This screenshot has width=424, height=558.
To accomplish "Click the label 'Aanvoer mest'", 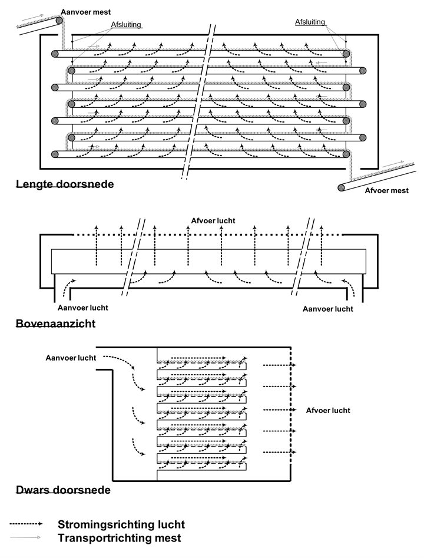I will point(85,12).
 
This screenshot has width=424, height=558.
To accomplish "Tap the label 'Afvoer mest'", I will point(386,190).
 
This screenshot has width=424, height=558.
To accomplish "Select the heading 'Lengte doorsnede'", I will point(65,184).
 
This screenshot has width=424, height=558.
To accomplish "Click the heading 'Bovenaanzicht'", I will point(56,323).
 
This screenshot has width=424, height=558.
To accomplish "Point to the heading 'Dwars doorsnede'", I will point(63,490).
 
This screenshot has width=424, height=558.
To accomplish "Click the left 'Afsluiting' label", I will point(127,25).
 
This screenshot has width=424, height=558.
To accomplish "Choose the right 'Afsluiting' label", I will point(310,22).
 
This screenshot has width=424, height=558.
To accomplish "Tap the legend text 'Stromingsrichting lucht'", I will point(121,524).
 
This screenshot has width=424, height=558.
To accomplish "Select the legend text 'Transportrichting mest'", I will point(119,538).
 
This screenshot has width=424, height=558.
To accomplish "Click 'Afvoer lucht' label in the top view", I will point(213,220).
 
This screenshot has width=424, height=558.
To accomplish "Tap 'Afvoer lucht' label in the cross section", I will point(328,411).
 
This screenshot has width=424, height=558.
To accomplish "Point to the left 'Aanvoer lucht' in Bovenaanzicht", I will point(82,308).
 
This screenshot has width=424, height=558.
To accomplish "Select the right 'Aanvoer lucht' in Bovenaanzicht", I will point(327,309).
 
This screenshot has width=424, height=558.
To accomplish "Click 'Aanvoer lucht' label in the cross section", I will point(71,357).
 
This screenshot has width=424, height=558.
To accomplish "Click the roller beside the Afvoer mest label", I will point(342,188).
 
